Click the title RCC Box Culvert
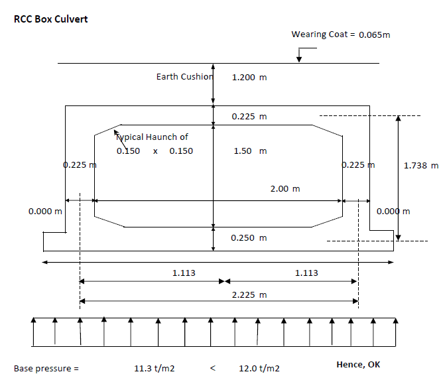click(51, 19)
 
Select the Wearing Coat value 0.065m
click(374, 34)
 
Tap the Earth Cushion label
click(184, 76)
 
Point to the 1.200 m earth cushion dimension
click(249, 77)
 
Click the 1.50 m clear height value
click(250, 151)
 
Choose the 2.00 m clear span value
click(285, 188)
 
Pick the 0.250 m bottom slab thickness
click(249, 237)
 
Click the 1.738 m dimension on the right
click(421, 165)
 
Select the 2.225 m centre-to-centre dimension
click(249, 294)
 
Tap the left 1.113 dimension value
click(184, 273)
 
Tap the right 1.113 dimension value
click(306, 273)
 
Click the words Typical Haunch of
click(152, 137)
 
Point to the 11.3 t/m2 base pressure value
click(155, 368)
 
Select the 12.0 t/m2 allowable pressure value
click(259, 368)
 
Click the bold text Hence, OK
click(358, 365)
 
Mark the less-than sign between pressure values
click(213, 368)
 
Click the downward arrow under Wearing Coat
click(299, 55)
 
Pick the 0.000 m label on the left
click(45, 211)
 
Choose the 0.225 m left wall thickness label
click(80, 164)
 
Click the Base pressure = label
click(46, 369)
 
